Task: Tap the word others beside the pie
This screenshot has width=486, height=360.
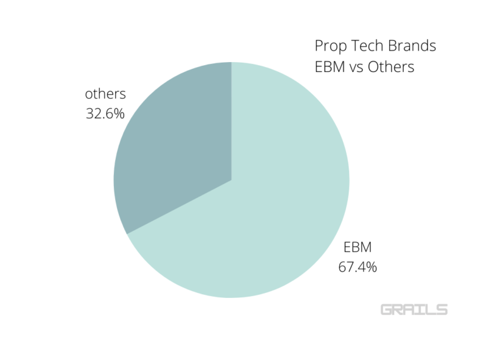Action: (x=106, y=94)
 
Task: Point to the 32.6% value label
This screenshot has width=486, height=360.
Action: (x=105, y=115)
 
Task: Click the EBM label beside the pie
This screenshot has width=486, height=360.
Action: (x=358, y=247)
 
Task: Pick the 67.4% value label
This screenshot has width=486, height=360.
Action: (x=358, y=268)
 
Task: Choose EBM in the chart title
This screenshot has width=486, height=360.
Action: (x=330, y=66)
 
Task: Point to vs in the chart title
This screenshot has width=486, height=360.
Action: (x=361, y=66)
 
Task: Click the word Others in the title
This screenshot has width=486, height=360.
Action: (x=395, y=66)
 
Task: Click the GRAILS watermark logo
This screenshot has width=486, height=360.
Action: (x=414, y=309)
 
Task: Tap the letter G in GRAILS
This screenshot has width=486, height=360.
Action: (x=387, y=309)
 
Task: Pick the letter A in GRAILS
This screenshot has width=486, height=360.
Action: (x=411, y=309)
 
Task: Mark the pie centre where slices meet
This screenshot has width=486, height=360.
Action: (x=232, y=180)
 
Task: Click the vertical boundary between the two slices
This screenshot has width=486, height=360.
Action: (x=232, y=120)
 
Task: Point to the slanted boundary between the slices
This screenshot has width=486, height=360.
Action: (x=180, y=207)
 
